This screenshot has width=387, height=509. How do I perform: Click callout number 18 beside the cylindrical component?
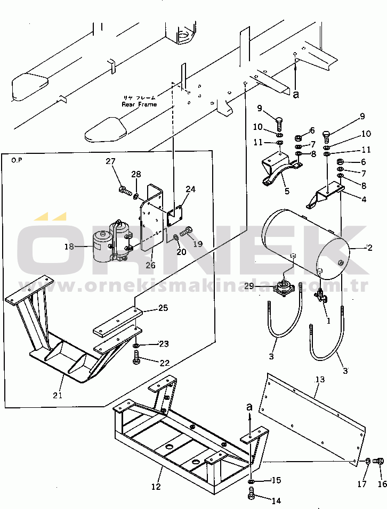[69, 246]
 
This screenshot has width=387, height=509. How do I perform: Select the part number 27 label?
[110, 162]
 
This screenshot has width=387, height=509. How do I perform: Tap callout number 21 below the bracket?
[58, 395]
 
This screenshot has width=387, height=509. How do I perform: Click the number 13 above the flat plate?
[320, 380]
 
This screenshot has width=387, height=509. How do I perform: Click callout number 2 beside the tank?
[369, 248]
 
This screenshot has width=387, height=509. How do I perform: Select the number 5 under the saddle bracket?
[286, 191]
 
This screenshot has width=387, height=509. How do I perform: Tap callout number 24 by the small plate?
[191, 189]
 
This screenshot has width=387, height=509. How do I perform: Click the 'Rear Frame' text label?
[139, 104]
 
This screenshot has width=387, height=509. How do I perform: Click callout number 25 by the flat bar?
[163, 308]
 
